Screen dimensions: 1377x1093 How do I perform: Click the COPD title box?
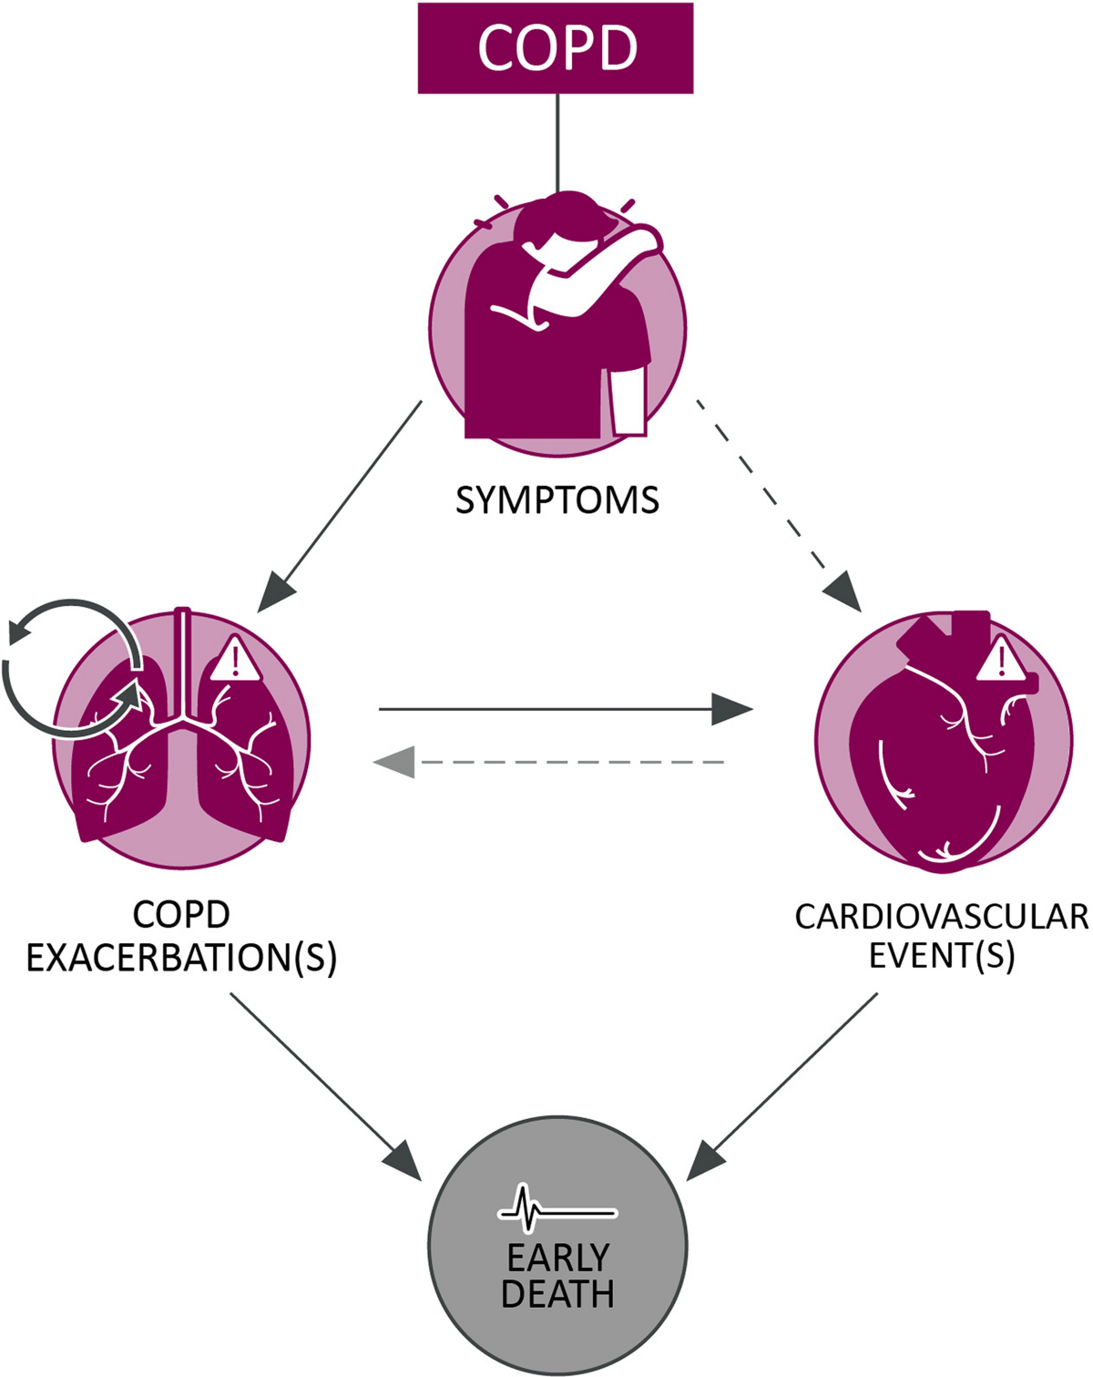click(555, 47)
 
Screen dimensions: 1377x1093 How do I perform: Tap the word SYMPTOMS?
click(557, 500)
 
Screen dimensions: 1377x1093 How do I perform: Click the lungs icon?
click(182, 738)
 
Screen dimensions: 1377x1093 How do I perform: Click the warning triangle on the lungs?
click(236, 660)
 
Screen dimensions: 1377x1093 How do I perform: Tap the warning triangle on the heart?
click(1001, 660)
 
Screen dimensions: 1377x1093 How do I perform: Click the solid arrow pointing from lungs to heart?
click(565, 708)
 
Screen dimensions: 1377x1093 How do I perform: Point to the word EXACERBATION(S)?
click(181, 958)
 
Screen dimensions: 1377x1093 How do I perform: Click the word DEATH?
click(557, 1294)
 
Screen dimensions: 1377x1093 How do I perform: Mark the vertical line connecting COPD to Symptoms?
click(557, 142)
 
